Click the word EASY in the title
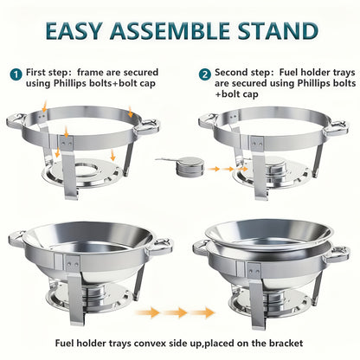pos(74,31)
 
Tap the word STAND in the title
pos(278,31)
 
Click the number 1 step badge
pos(16,74)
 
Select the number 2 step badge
pos(205,74)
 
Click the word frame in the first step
pos(90,72)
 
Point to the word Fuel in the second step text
pos(289,72)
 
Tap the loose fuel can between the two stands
pos(190,166)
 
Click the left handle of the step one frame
pos(16,122)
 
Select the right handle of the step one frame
pos(148,126)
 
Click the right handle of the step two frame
pos(336,127)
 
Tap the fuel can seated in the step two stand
pos(275,170)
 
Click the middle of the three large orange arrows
pos(176,312)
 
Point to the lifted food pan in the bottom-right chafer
pos(269,235)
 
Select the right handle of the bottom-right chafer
pos(338,254)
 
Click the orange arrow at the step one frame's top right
pos(131,112)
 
